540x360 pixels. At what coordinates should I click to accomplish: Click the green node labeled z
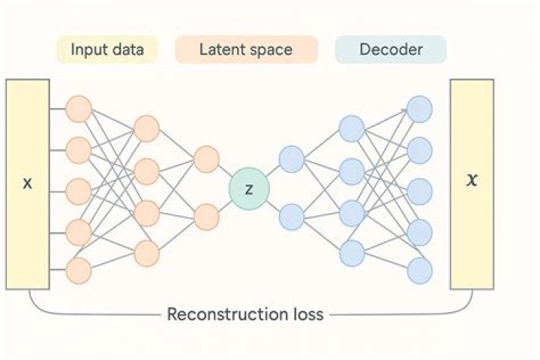click(249, 188)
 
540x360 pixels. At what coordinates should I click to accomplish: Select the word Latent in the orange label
click(219, 50)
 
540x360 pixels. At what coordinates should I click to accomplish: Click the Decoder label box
click(391, 50)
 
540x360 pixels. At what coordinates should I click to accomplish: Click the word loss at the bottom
click(307, 313)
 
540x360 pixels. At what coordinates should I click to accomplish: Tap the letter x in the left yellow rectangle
click(28, 183)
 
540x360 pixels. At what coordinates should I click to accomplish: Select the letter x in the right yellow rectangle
click(471, 181)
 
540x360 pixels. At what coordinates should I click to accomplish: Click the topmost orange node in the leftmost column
click(79, 109)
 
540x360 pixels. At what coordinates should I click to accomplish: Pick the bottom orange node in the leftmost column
click(79, 268)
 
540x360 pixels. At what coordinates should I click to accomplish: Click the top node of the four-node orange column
click(147, 129)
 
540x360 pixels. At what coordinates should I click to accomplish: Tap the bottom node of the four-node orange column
click(147, 253)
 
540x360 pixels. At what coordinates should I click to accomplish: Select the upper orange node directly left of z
click(206, 159)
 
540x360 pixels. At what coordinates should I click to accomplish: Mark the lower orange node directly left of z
click(206, 217)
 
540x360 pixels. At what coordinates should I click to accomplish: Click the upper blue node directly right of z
click(291, 159)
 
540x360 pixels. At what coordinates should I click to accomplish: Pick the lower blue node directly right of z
click(291, 217)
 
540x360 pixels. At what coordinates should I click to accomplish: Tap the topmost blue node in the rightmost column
click(420, 109)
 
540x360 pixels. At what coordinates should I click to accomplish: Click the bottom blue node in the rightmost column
click(420, 270)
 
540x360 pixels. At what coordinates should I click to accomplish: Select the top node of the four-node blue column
click(351, 129)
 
